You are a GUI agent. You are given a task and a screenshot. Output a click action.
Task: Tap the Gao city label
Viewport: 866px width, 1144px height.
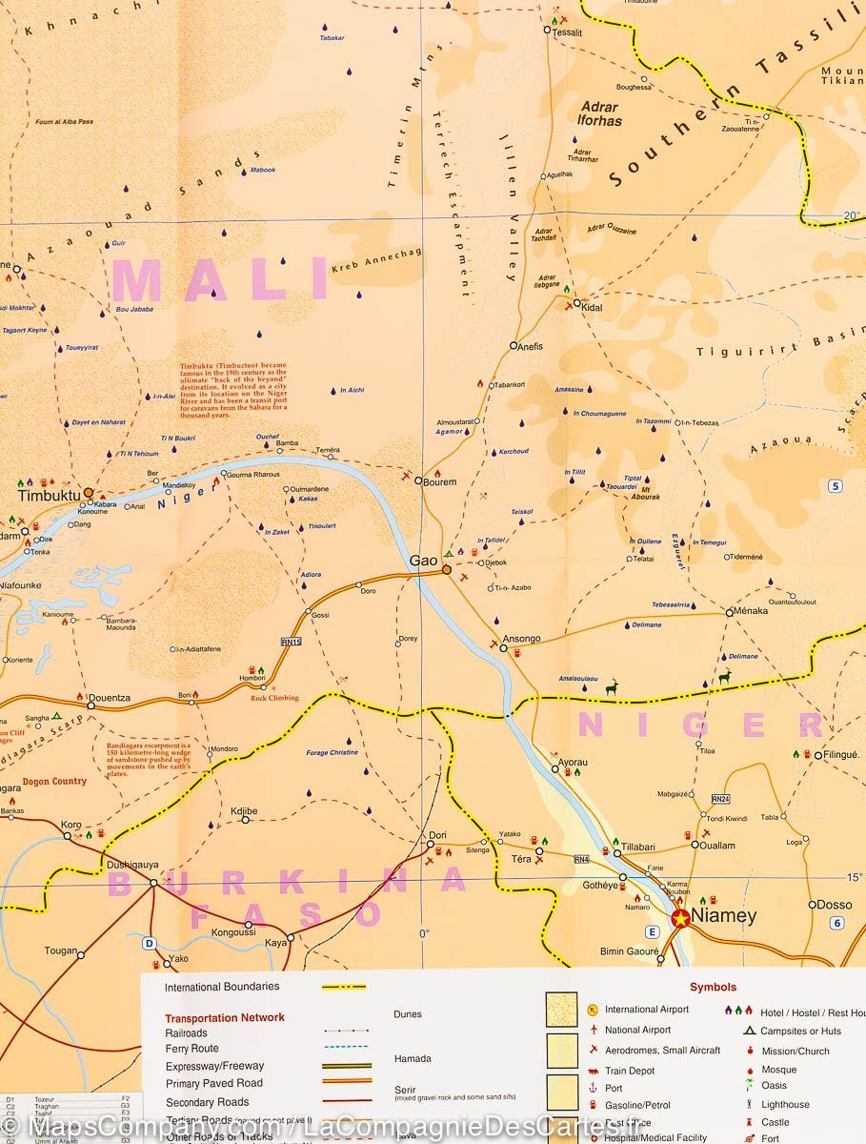[x=423, y=562]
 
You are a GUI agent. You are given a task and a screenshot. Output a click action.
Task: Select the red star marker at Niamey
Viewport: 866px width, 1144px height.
[x=680, y=918]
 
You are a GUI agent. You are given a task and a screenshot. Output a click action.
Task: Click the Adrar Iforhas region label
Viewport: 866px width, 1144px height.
[x=600, y=114]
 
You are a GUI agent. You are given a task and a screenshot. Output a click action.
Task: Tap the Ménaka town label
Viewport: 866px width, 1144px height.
[x=750, y=611]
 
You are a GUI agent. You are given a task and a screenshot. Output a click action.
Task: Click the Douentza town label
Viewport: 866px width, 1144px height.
[x=109, y=698]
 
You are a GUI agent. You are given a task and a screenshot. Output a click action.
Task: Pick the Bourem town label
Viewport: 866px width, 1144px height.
[x=440, y=482]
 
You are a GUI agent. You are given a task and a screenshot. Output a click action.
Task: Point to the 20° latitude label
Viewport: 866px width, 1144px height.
[x=852, y=216]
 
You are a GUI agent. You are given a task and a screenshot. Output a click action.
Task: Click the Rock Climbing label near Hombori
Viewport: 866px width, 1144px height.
[x=274, y=698]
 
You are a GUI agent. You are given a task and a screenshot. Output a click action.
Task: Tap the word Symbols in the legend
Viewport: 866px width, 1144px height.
[x=714, y=988]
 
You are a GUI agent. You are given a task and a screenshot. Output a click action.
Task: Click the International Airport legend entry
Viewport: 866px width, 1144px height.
[x=646, y=1009]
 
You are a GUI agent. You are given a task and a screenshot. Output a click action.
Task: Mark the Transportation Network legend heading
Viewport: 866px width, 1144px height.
[x=224, y=1017]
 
